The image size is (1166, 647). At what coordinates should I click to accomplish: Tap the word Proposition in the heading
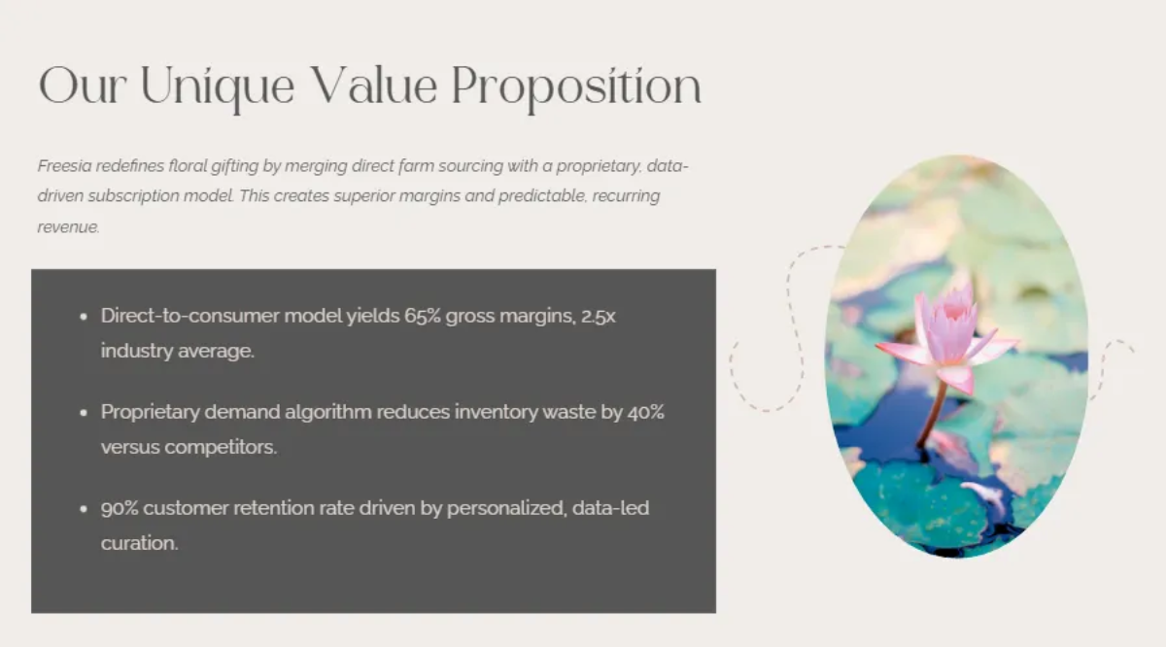pyautogui.click(x=576, y=87)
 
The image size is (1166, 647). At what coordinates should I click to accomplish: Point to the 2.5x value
pyautogui.click(x=598, y=317)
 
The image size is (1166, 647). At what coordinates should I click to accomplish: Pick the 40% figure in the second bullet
pyautogui.click(x=645, y=412)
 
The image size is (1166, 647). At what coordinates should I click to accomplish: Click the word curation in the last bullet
pyautogui.click(x=139, y=543)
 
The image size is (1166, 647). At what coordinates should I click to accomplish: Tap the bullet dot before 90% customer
pyautogui.click(x=84, y=509)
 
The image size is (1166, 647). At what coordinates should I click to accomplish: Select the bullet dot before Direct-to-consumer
pyautogui.click(x=84, y=317)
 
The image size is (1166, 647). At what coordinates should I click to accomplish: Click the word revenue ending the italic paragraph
pyautogui.click(x=67, y=227)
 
